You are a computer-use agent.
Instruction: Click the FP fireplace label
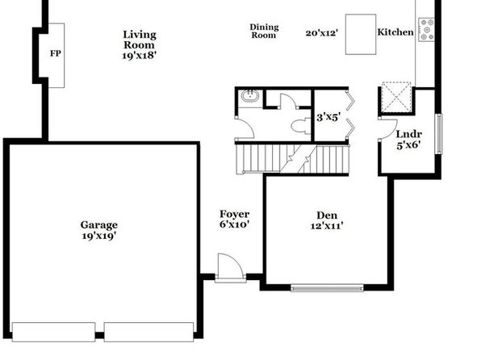click(55, 53)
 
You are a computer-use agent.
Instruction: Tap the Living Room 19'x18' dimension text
click(140, 56)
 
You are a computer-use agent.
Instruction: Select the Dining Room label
click(264, 31)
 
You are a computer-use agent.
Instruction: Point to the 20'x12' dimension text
click(322, 33)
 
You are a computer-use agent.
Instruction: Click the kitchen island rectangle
click(361, 35)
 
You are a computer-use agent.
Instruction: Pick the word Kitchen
click(395, 32)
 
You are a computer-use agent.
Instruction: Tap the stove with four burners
click(427, 30)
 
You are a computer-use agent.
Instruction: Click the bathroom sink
click(250, 96)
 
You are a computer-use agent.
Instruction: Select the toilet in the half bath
click(301, 126)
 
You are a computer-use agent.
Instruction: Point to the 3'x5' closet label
click(328, 117)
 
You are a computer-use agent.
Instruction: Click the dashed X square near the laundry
click(396, 97)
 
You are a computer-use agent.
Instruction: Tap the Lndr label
click(409, 134)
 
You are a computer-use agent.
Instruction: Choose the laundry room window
click(439, 134)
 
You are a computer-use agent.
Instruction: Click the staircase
click(293, 159)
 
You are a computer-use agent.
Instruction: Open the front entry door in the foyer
click(231, 267)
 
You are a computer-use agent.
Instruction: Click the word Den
click(327, 216)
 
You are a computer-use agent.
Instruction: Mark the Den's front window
click(327, 288)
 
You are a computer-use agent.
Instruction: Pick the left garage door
click(53, 332)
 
